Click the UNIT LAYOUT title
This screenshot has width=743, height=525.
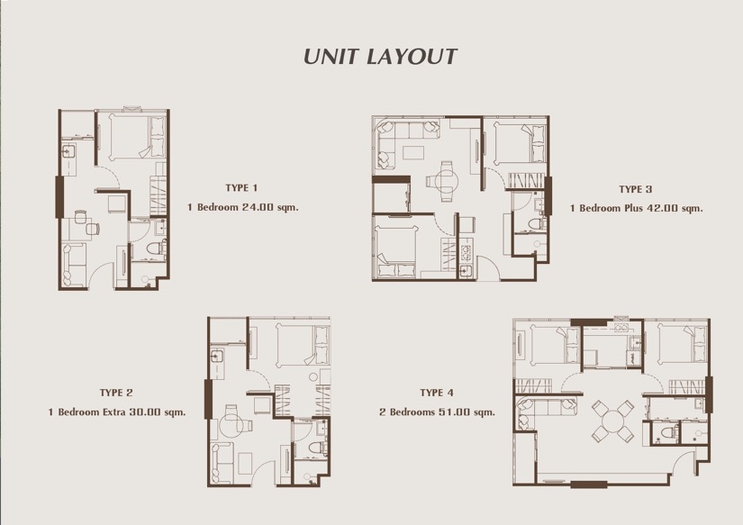click(380, 57)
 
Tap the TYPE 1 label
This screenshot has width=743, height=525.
click(241, 187)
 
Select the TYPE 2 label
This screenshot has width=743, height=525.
click(116, 393)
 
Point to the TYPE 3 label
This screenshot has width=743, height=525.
click(636, 189)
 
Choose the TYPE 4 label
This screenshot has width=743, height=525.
click(437, 393)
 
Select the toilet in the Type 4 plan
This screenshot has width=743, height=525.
click(669, 432)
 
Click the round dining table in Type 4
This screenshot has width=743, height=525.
click(612, 421)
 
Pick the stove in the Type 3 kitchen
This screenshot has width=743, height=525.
click(466, 251)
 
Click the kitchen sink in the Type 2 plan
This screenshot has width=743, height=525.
click(218, 357)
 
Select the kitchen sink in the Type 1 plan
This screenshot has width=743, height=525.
click(68, 151)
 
